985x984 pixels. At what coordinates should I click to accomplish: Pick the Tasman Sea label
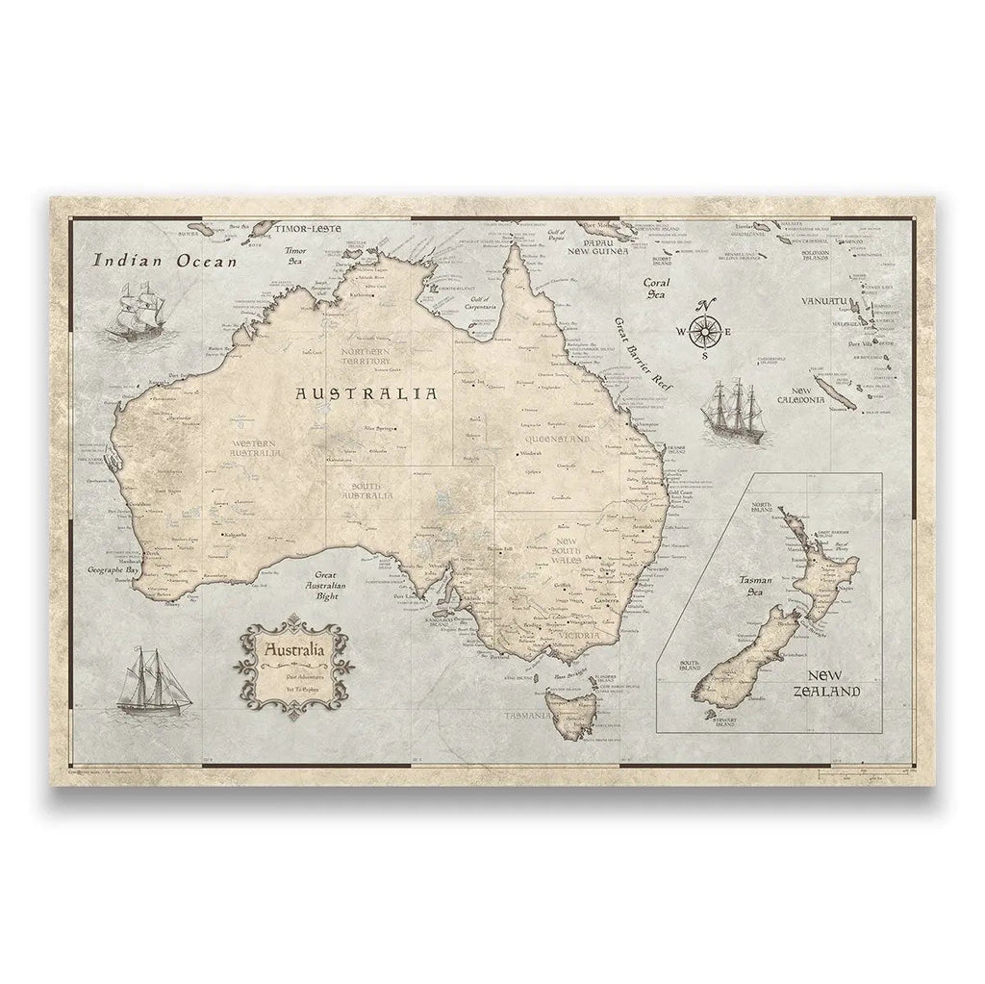coord(745,586)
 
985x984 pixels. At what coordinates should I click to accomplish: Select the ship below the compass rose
coord(729,411)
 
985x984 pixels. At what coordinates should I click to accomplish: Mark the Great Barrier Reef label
coord(643,352)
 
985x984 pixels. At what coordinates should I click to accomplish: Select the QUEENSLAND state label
coord(557,439)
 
